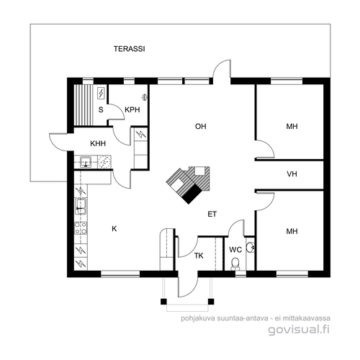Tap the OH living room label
tap(201, 126)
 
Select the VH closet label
tap(292, 174)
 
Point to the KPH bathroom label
tap(132, 109)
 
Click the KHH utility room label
tap(98, 143)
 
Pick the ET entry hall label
tap(212, 214)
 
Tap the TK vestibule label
tap(199, 256)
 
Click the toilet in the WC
tap(235, 264)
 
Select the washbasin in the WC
tap(251, 247)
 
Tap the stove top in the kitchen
tap(81, 228)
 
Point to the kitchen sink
tap(81, 206)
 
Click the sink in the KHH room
tap(86, 161)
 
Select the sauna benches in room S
tap(83, 105)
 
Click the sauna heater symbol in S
tap(101, 93)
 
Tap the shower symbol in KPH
tap(145, 97)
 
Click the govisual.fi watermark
tap(299, 330)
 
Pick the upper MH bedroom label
tap(292, 126)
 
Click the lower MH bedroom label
tap(292, 231)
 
